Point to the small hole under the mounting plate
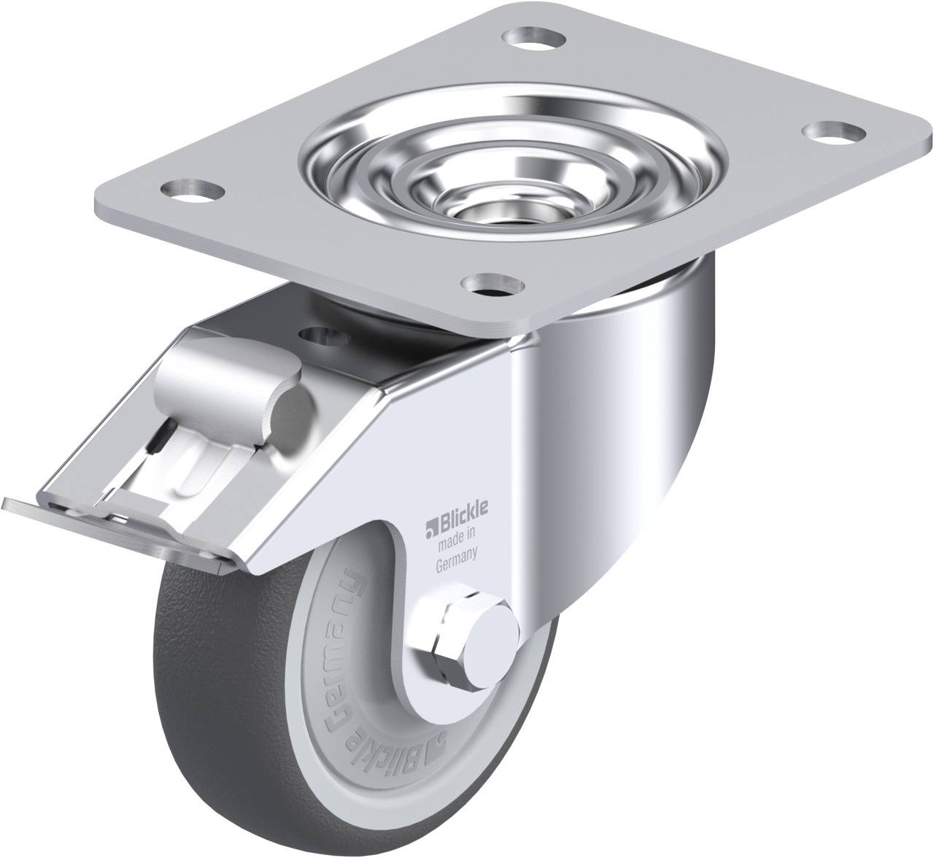pyautogui.click(x=322, y=334)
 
